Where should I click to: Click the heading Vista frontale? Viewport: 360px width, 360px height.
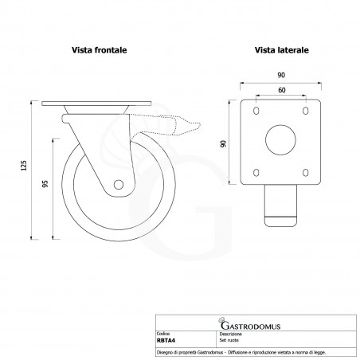point(100,50)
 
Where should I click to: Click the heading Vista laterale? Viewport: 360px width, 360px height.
point(282,50)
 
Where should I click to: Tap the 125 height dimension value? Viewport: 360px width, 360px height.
point(24,166)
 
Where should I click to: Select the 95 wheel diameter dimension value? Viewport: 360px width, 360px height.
point(45,184)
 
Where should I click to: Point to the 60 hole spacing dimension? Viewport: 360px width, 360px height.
point(282,90)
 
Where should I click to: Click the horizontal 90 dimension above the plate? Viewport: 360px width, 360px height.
point(281,75)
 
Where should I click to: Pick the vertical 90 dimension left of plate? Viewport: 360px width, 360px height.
point(224,143)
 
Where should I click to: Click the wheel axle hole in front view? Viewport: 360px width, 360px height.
point(119,185)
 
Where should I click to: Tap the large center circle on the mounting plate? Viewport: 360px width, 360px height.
point(280,140)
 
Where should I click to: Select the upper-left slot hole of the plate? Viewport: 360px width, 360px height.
point(256,111)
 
